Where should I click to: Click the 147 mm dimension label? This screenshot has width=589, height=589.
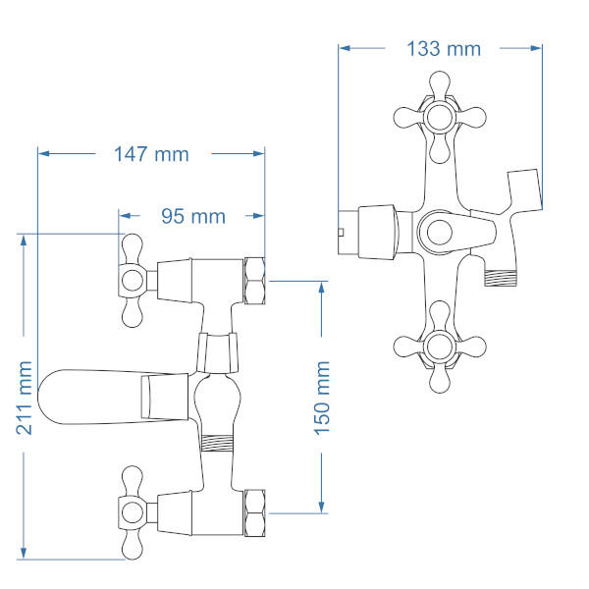coord(151,154)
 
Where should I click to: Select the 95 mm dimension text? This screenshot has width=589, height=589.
coord(193,216)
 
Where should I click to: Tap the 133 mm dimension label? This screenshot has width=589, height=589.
coord(444,49)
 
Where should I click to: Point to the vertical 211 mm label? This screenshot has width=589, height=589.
coord(24,398)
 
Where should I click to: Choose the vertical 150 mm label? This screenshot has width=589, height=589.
coord(322,399)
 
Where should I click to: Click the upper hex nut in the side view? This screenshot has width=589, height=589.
coord(254,281)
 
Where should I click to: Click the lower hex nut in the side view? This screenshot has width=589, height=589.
coord(254,512)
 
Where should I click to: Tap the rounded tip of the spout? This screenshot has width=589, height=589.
coord(42,397)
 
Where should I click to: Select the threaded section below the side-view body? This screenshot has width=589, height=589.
coord(217,443)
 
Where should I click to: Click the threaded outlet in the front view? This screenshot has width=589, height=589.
coord(500,278)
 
